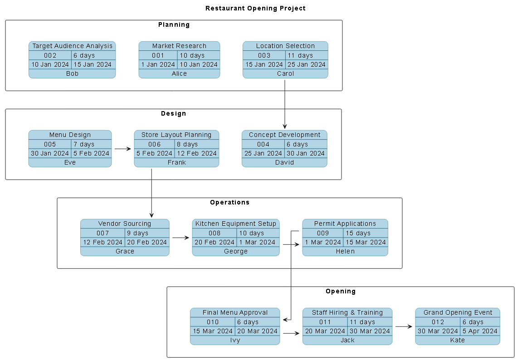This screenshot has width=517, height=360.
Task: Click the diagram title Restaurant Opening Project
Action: (255, 8)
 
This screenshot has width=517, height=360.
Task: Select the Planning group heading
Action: (174, 24)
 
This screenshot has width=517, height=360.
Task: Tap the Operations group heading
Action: (229, 202)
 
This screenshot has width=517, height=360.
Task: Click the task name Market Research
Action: (179, 46)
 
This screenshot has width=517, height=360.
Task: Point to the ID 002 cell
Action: (50, 55)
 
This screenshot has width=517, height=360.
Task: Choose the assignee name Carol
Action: (285, 73)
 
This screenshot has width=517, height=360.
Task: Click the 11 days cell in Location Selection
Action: (306, 55)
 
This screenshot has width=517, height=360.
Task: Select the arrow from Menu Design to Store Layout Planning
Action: (122, 149)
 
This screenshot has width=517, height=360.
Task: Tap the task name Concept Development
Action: (284, 135)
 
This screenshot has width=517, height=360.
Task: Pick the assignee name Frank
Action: (176, 162)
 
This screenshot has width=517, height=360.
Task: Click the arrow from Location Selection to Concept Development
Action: (285, 104)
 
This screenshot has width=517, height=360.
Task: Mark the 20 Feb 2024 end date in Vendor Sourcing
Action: (147, 242)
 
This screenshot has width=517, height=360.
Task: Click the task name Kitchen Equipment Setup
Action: (236, 224)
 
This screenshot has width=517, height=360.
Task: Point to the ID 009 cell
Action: (323, 233)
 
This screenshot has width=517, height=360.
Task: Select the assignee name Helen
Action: (345, 251)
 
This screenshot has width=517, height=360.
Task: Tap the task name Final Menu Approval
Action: (235, 312)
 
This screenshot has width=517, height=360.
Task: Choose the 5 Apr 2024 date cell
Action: (480, 331)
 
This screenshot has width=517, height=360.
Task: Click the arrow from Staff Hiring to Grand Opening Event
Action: (403, 326)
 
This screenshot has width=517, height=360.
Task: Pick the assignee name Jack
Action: (347, 340)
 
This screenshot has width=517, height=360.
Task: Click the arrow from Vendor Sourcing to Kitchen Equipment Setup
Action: (180, 238)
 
